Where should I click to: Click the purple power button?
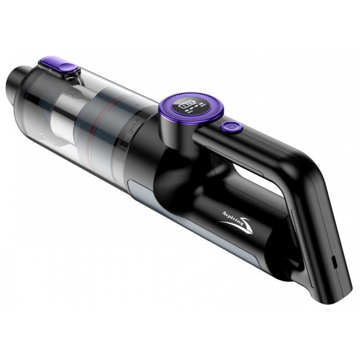click(231, 127)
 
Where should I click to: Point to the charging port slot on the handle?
click(333, 261)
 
